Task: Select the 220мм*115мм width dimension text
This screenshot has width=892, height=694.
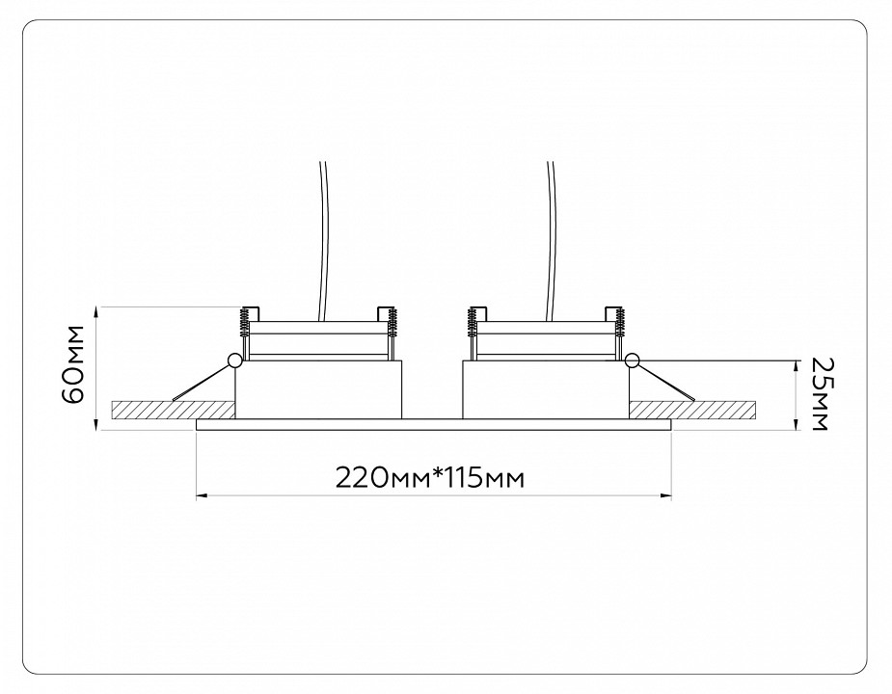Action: [x=429, y=478]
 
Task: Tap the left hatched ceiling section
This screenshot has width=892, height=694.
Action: [x=174, y=410]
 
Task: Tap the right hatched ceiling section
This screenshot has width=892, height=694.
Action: [x=692, y=410]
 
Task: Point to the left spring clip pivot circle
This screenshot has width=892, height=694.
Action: [x=233, y=360]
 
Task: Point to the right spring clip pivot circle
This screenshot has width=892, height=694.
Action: [x=631, y=360]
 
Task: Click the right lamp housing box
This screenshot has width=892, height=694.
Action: [x=546, y=389]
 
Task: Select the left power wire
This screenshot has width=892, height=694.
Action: [x=325, y=239]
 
